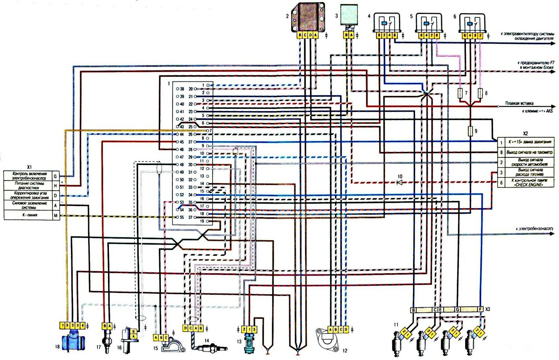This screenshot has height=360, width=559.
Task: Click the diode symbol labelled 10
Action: (400, 182)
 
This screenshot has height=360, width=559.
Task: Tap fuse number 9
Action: (471, 131)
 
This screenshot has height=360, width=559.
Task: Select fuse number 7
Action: (460, 93)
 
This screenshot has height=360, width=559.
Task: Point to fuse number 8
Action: (481, 93)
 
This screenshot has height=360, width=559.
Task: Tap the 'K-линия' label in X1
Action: (29, 215)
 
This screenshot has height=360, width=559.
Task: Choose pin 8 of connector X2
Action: (501, 152)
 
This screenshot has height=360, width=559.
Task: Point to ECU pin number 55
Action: (181, 217)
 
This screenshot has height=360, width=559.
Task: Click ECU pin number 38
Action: (182, 89)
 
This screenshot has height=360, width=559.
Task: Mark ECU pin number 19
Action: (202, 221)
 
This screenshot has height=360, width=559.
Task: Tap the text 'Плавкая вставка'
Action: (519, 103)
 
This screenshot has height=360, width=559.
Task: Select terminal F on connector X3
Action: (481, 310)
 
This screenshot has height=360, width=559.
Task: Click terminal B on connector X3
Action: (413, 310)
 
